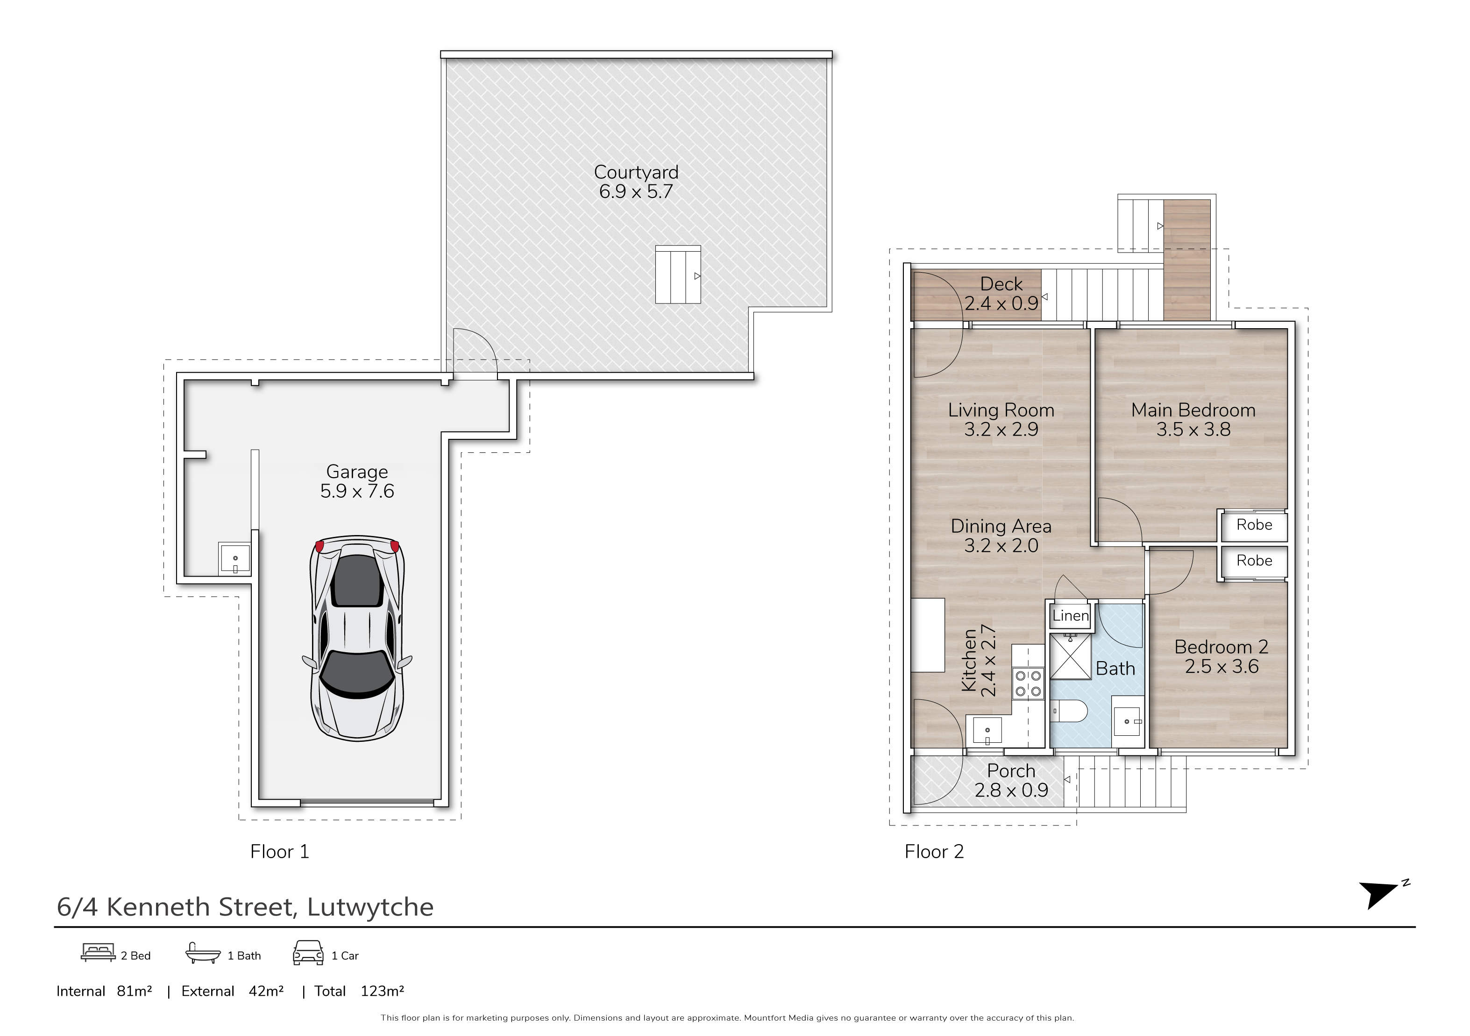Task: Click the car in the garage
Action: point(357,637)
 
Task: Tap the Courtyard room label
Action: point(636,172)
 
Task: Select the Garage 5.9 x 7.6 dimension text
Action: point(357,491)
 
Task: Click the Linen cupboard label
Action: point(1071,616)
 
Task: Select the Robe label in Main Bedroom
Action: point(1254,525)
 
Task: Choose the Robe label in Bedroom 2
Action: point(1254,561)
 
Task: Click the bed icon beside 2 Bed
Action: point(98,953)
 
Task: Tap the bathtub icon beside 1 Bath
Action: point(203,953)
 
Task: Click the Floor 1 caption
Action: point(280,852)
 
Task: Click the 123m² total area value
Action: point(382,991)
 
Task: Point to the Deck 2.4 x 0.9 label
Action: point(1001,294)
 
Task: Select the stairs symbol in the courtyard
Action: point(678,275)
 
